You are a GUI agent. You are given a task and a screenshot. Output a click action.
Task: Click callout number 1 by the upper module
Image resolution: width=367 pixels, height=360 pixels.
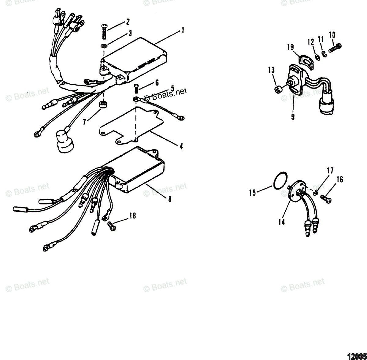[183, 30]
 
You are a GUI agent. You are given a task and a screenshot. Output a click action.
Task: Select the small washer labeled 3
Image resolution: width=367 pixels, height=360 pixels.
[104, 46]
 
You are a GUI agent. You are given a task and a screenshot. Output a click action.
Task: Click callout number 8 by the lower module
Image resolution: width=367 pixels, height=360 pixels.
[170, 199]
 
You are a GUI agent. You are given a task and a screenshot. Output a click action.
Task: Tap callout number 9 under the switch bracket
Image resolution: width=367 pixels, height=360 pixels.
[293, 116]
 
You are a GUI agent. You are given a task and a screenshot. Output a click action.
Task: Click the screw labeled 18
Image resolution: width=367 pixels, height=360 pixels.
[112, 225]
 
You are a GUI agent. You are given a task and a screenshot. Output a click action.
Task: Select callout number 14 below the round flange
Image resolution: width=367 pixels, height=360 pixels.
[281, 222]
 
